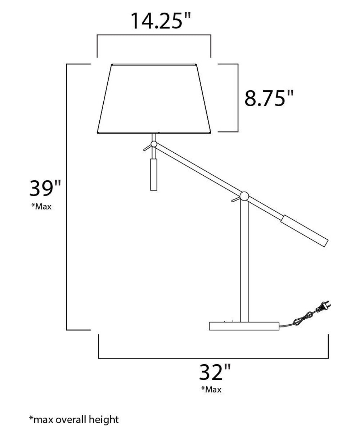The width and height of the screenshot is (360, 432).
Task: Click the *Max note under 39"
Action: pyautogui.click(x=41, y=207)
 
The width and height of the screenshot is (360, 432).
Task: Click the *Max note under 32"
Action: pyautogui.click(x=211, y=389)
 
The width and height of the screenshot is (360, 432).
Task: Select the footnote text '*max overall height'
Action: pyautogui.click(x=74, y=419)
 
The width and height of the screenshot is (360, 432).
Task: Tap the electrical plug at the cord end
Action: pyautogui.click(x=323, y=308)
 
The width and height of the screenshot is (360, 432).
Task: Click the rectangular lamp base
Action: pyautogui.click(x=244, y=326)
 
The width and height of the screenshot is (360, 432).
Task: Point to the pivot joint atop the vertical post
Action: pyautogui.click(x=244, y=196)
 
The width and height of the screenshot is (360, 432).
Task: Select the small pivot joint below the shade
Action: pyautogui.click(x=154, y=144)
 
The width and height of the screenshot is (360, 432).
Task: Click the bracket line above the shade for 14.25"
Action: pyautogui.click(x=154, y=35)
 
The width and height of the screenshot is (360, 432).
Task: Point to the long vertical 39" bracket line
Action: pyautogui.click(x=67, y=196)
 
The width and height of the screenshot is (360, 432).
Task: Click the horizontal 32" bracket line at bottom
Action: pyautogui.click(x=213, y=358)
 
